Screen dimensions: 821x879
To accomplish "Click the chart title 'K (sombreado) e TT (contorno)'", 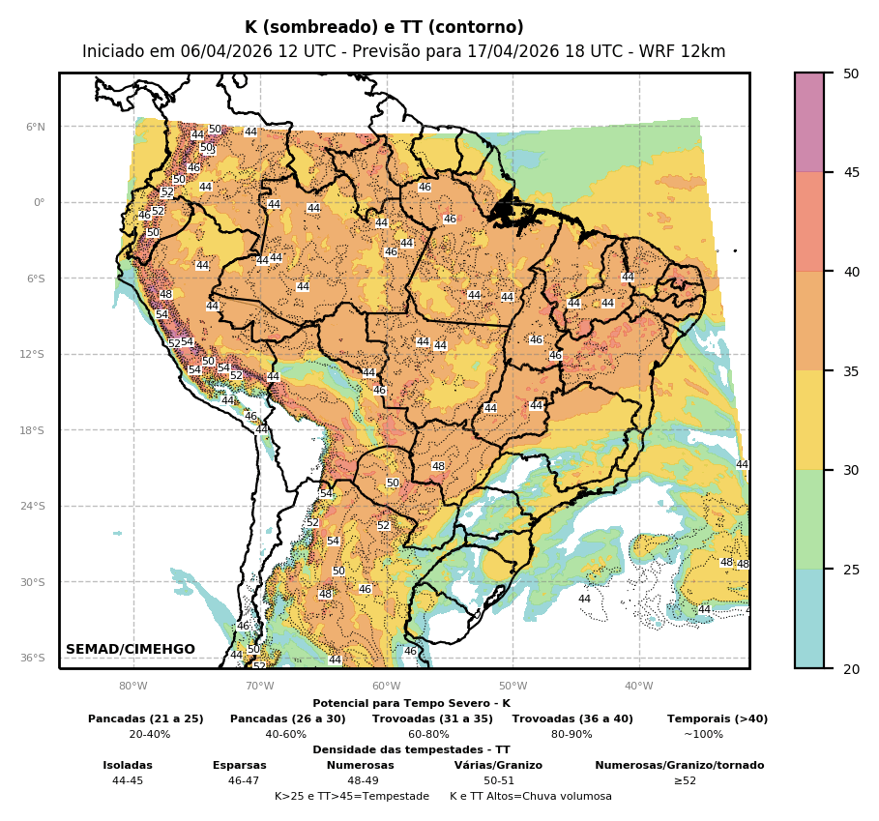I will point(384,27).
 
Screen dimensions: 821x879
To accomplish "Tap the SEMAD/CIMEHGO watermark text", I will point(131,649).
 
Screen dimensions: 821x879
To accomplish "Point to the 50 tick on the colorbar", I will point(850,73).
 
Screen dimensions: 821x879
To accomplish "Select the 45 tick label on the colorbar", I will point(850,172).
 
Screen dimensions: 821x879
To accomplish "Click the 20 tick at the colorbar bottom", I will point(850,668).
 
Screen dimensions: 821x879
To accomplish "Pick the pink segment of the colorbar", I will point(809,122).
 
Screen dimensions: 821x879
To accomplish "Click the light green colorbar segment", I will point(809,519).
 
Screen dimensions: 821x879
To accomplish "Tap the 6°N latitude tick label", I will point(35,127).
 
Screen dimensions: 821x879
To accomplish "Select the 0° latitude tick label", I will point(39,202).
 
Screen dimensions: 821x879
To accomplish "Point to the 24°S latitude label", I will point(33,506).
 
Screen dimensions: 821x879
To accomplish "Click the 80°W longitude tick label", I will point(133,687).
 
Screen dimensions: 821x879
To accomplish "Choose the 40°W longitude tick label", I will point(638,687).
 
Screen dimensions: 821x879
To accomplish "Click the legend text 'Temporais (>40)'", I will point(717,718).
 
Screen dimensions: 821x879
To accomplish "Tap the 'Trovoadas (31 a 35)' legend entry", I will point(432,718).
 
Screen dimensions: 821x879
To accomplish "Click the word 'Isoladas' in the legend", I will point(128,765).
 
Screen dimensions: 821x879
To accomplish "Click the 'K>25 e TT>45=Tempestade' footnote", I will point(351,796).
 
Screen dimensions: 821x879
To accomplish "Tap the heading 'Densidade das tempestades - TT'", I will point(411,749).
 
